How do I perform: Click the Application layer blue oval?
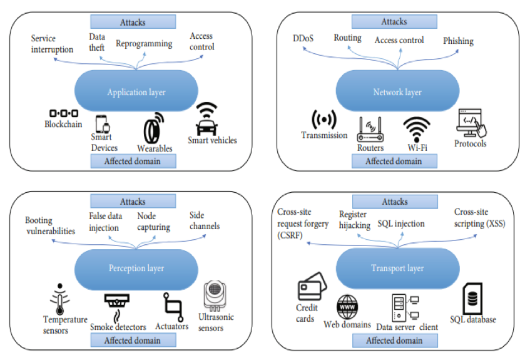point(136,91)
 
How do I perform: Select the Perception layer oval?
point(136,268)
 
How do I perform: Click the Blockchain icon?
point(63,113)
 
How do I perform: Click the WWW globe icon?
point(348,307)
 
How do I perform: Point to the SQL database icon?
point(472,298)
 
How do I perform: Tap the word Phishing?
point(458,41)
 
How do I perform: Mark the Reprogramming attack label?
point(144,44)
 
